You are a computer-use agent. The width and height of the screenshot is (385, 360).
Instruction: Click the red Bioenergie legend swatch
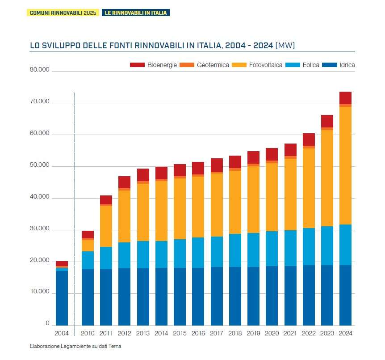click(137, 65)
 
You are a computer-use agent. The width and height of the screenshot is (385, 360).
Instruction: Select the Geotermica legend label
click(213, 65)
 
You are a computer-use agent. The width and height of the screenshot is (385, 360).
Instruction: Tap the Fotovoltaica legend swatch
click(239, 65)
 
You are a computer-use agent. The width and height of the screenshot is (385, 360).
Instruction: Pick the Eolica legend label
click(311, 65)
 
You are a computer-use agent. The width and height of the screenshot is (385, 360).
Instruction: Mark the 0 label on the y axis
click(47, 323)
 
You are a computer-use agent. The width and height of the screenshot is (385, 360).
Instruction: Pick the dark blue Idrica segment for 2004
click(62, 297)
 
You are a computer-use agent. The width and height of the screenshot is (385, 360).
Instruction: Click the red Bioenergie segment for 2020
click(272, 154)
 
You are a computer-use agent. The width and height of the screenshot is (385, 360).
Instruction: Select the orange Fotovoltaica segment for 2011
click(106, 226)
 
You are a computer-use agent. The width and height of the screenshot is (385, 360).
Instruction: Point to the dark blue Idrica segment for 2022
click(309, 295)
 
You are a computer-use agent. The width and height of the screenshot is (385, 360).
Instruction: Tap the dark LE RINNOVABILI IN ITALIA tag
click(135, 13)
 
